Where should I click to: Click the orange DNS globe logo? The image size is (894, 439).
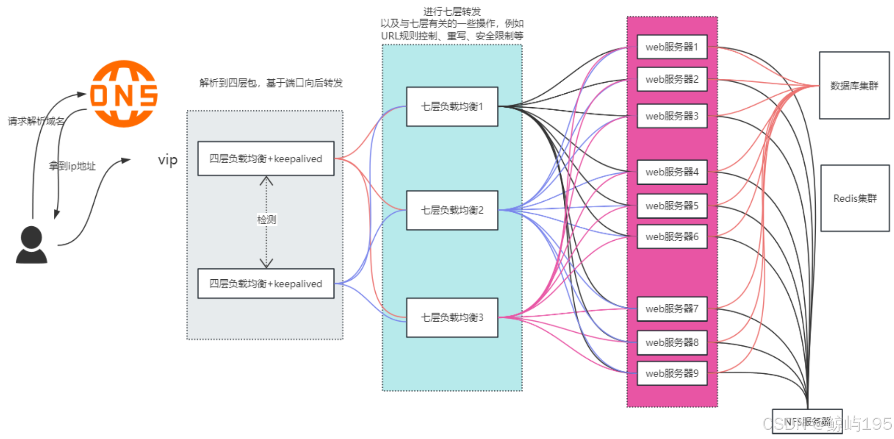pos(124,94)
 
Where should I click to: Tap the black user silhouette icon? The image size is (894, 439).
pos(31,245)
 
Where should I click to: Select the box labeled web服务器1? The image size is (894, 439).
pos(672,47)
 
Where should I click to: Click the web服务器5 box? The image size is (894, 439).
pos(672,206)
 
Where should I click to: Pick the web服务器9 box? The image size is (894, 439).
pos(672,373)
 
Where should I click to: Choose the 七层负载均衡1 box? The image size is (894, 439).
pos(452,107)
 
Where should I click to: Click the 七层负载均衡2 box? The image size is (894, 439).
pos(452,210)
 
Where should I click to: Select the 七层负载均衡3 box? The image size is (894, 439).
pos(452,318)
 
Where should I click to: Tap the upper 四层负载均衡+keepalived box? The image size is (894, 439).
pos(265,158)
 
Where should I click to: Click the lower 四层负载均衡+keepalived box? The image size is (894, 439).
pos(265,284)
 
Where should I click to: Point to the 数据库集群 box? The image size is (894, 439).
pos(854,85)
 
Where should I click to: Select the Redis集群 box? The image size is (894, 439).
pos(855,198)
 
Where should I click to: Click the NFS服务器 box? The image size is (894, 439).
pos(807,421)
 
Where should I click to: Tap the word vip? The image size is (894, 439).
pos(168,160)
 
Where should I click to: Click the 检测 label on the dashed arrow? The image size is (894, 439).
pos(266,219)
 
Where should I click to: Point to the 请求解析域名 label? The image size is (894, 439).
pos(36,121)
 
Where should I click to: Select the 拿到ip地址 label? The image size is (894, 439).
pos(72,166)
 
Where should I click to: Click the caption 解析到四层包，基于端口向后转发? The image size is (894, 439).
pos(271,83)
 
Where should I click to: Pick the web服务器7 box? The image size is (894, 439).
pos(672,309)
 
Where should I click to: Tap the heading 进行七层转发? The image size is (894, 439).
pos(452,11)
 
